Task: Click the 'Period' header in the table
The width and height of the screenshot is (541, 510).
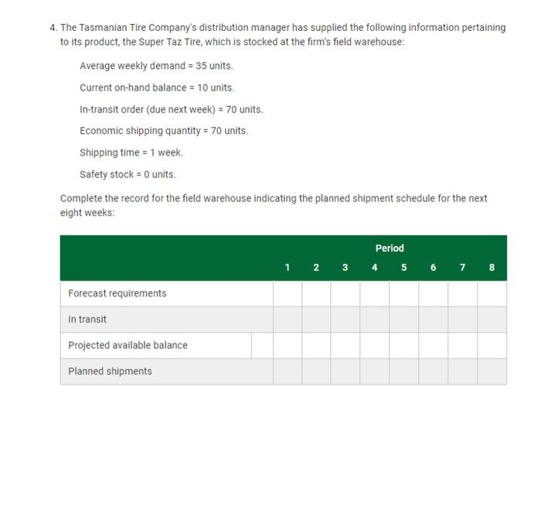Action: point(390,248)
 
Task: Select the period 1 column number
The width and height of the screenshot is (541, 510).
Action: point(287,268)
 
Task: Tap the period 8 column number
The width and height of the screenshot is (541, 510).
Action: point(492,268)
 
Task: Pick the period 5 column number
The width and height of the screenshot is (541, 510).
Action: point(404,268)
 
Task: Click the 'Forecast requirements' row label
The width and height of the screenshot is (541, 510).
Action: point(117,293)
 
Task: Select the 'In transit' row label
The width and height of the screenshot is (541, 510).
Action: point(87,320)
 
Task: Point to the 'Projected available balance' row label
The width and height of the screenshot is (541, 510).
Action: point(128,345)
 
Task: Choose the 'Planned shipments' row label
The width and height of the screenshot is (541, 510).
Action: point(110,371)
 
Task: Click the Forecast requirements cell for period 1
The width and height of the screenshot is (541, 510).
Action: point(287,293)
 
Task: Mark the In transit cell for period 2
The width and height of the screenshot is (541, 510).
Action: point(316,320)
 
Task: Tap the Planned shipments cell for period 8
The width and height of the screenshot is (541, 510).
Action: point(492,371)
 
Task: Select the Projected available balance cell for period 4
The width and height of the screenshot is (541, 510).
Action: point(375,345)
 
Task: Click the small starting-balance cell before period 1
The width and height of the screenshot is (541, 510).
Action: point(262,345)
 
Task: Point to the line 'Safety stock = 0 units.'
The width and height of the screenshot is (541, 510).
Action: point(128,174)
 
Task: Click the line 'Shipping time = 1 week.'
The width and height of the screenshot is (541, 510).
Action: point(131,152)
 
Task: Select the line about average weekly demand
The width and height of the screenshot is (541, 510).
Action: point(155,66)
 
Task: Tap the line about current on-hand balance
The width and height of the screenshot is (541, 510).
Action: point(156,87)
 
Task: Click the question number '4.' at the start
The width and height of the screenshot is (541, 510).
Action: point(53,27)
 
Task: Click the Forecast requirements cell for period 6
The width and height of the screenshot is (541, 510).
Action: point(434,293)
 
